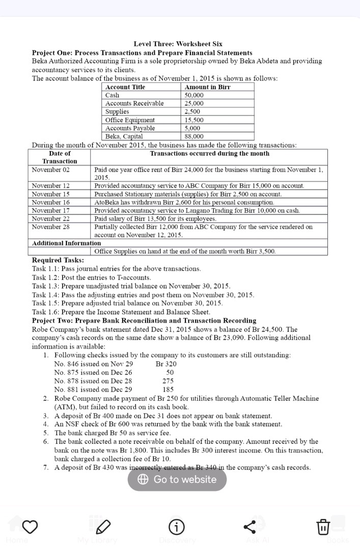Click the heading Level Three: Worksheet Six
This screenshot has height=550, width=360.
[178, 44]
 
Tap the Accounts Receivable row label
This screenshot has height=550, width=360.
[134, 103]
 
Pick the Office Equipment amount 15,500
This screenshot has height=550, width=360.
[193, 120]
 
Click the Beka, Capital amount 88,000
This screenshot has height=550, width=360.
[193, 136]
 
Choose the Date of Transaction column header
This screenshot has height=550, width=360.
[60, 157]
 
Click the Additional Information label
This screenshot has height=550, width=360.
[66, 243]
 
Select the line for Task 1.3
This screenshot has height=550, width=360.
[131, 286]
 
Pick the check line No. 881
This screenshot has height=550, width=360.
[93, 389]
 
